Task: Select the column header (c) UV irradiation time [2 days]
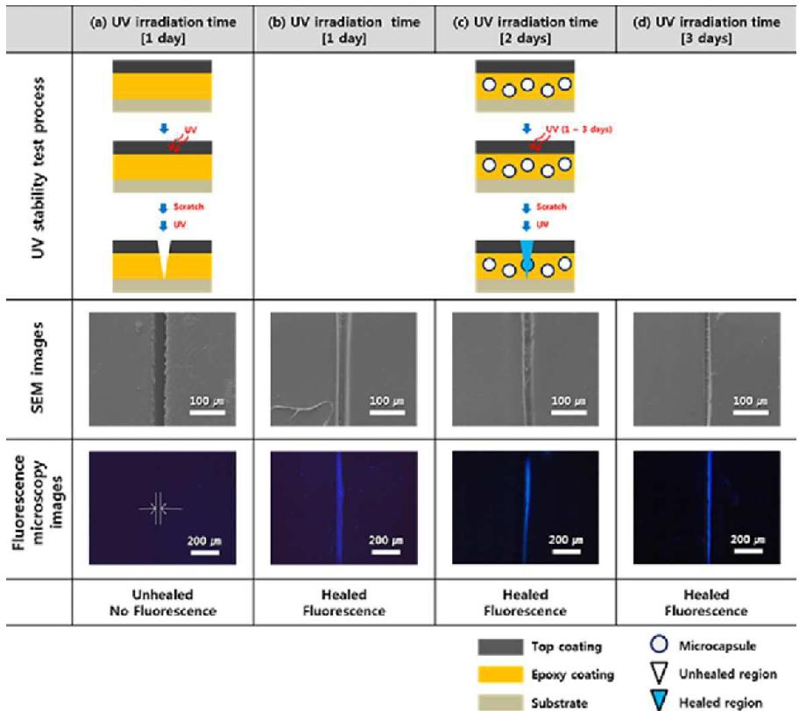(524, 30)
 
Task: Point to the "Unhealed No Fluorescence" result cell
(162, 602)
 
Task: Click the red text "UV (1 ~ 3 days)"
(578, 129)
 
